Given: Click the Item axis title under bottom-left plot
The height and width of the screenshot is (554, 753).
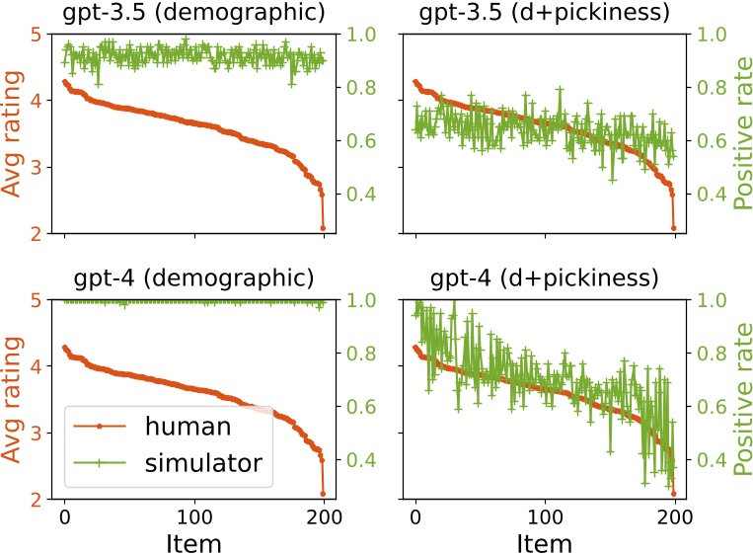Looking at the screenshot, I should pyautogui.click(x=194, y=542).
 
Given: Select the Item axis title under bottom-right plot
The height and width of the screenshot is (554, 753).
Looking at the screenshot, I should pyautogui.click(x=545, y=542).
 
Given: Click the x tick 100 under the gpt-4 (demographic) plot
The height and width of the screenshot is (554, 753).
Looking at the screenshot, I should pyautogui.click(x=194, y=516).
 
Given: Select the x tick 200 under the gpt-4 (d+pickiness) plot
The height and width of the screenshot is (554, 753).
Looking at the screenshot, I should pyautogui.click(x=675, y=516).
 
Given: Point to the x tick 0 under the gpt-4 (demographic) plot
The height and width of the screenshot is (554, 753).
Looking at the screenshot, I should pyautogui.click(x=65, y=516).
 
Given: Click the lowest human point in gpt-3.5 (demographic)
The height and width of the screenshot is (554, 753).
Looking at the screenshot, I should pyautogui.click(x=323, y=228).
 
